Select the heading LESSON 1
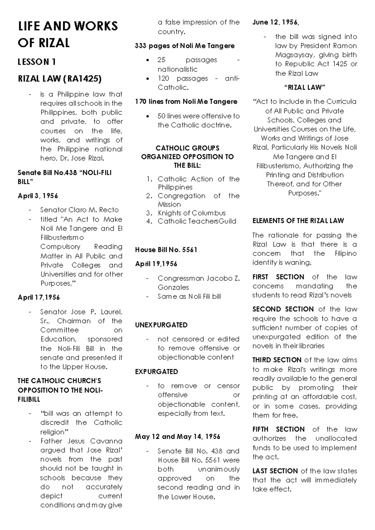[37, 62]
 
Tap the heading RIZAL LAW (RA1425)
[59, 79]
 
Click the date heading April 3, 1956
[38, 196]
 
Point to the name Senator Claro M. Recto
[79, 210]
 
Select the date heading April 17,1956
[39, 297]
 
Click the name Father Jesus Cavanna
[81, 441]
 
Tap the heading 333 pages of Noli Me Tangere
[185, 46]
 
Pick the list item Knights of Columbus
[192, 213]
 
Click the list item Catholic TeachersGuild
[197, 222]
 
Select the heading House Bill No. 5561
[166, 250]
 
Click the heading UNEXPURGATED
[161, 325]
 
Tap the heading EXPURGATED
[157, 372]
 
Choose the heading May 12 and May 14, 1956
[178, 437]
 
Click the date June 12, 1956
[276, 22]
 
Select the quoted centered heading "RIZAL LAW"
[304, 87]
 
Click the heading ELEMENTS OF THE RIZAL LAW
[298, 221]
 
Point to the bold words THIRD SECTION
[277, 360]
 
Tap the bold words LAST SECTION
[275, 471]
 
